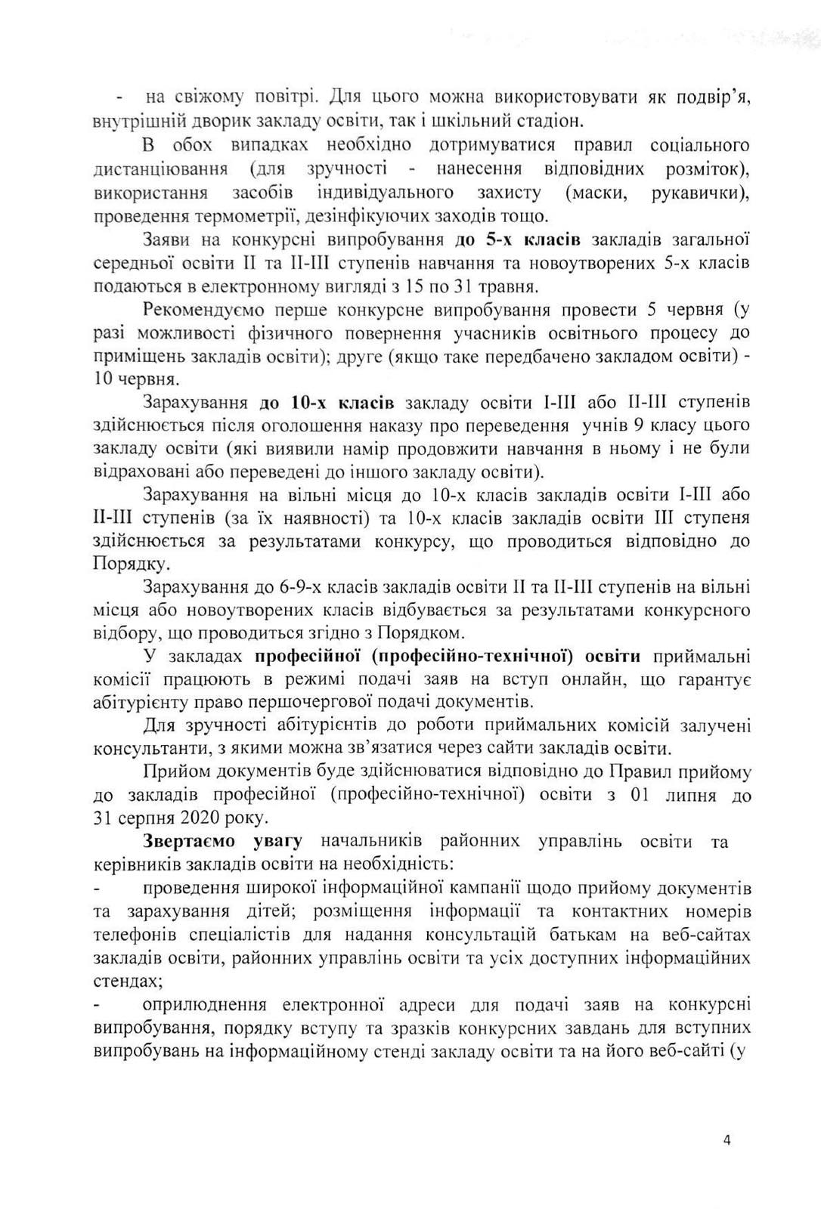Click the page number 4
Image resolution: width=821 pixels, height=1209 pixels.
pyautogui.click(x=727, y=1141)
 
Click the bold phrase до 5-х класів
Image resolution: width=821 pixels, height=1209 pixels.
pyautogui.click(x=518, y=241)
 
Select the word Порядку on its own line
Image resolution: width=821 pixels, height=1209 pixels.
pyautogui.click(x=122, y=564)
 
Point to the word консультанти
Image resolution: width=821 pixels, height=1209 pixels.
pyautogui.click(x=141, y=750)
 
